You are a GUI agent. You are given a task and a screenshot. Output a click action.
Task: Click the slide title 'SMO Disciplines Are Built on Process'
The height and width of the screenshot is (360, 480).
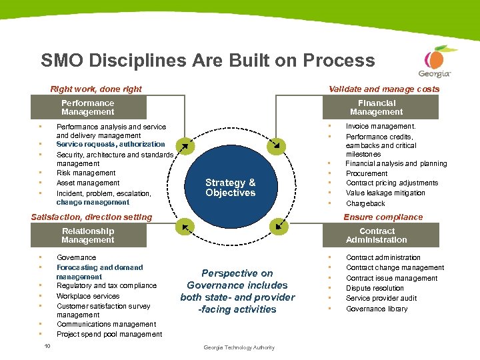[207, 61]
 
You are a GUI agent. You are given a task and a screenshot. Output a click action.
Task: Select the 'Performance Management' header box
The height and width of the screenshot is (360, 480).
[87, 107]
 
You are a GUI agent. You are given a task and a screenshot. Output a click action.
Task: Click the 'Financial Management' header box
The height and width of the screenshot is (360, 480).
[377, 107]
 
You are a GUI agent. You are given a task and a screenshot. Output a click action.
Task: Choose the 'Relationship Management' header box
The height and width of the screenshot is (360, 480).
[87, 235]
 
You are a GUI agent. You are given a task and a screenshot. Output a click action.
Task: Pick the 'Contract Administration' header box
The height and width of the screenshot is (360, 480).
[377, 235]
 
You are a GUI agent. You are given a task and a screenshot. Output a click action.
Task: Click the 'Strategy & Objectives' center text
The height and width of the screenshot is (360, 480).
[231, 188]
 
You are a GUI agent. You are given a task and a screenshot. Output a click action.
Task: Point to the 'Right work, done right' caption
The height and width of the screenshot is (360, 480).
[96, 89]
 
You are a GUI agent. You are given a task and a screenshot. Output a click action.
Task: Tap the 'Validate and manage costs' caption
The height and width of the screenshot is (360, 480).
[384, 89]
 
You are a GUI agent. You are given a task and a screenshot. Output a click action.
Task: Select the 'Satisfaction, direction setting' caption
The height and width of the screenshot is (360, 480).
[92, 217]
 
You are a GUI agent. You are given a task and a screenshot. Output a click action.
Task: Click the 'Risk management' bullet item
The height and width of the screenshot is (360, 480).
[86, 173]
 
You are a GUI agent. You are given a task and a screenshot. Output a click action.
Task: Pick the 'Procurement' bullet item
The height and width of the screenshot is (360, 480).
[367, 173]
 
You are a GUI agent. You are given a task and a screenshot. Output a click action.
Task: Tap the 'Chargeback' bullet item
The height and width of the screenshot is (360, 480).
[365, 203]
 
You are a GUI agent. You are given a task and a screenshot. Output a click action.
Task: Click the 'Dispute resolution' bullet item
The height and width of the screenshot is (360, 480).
[375, 289]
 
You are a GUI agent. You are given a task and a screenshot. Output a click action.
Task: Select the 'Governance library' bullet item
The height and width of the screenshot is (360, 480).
[377, 309]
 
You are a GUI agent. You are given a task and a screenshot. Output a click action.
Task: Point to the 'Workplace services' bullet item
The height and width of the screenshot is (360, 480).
[88, 296]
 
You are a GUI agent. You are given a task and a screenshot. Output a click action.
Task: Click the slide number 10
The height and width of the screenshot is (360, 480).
[47, 345]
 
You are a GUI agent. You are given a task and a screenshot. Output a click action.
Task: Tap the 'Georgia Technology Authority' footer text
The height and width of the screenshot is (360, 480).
[239, 347]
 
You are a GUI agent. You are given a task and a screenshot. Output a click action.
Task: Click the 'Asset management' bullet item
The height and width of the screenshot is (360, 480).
[88, 183]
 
